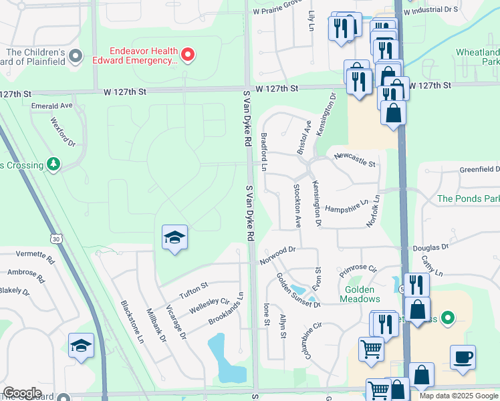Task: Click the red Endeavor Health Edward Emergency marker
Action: pyautogui.click(x=188, y=55)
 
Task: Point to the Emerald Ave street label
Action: pyautogui.click(x=51, y=106)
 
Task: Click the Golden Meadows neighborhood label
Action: pyautogui.click(x=362, y=294)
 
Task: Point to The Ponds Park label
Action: pyautogui.click(x=468, y=198)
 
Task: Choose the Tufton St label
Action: pyautogui.click(x=194, y=291)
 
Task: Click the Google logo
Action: pyautogui.click(x=22, y=393)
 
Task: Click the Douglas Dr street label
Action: pyautogui.click(x=430, y=247)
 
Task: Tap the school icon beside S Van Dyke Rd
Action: pyautogui.click(x=174, y=238)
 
